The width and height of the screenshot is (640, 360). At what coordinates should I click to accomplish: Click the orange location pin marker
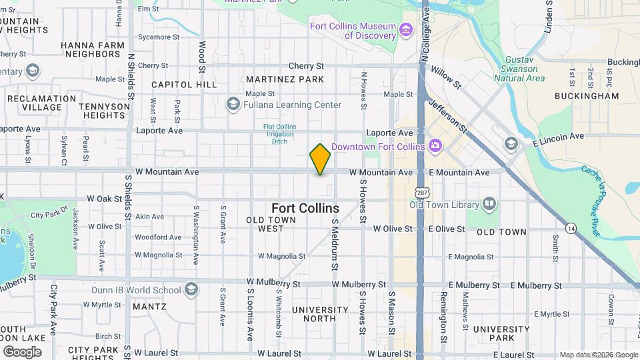[320, 159]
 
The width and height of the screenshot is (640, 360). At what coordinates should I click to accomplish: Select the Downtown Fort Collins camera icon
[435, 145]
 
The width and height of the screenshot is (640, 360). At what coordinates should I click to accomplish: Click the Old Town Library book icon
[489, 203]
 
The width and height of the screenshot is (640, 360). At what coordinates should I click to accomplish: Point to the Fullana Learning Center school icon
[233, 105]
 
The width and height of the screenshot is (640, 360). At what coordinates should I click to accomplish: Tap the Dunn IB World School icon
[191, 289]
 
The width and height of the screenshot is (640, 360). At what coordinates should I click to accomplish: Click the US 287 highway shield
[421, 192]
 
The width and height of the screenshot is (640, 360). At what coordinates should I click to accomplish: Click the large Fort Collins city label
[305, 208]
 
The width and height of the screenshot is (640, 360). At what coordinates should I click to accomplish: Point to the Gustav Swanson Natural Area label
[522, 69]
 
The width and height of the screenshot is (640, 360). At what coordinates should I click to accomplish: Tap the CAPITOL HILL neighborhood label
[184, 85]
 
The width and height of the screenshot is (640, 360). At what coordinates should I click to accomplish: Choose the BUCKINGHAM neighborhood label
[587, 95]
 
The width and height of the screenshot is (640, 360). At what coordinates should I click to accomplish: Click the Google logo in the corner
[22, 351]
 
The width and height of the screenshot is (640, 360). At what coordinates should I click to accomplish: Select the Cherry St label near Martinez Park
[306, 66]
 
